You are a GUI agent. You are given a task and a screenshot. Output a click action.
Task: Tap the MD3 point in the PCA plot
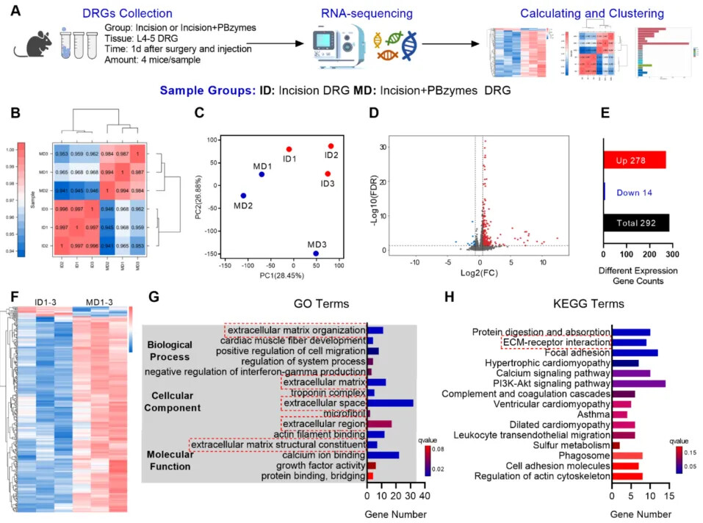316,253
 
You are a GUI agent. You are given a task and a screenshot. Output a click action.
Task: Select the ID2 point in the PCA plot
331,146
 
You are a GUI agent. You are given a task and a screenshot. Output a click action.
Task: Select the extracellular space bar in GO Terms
390,403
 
